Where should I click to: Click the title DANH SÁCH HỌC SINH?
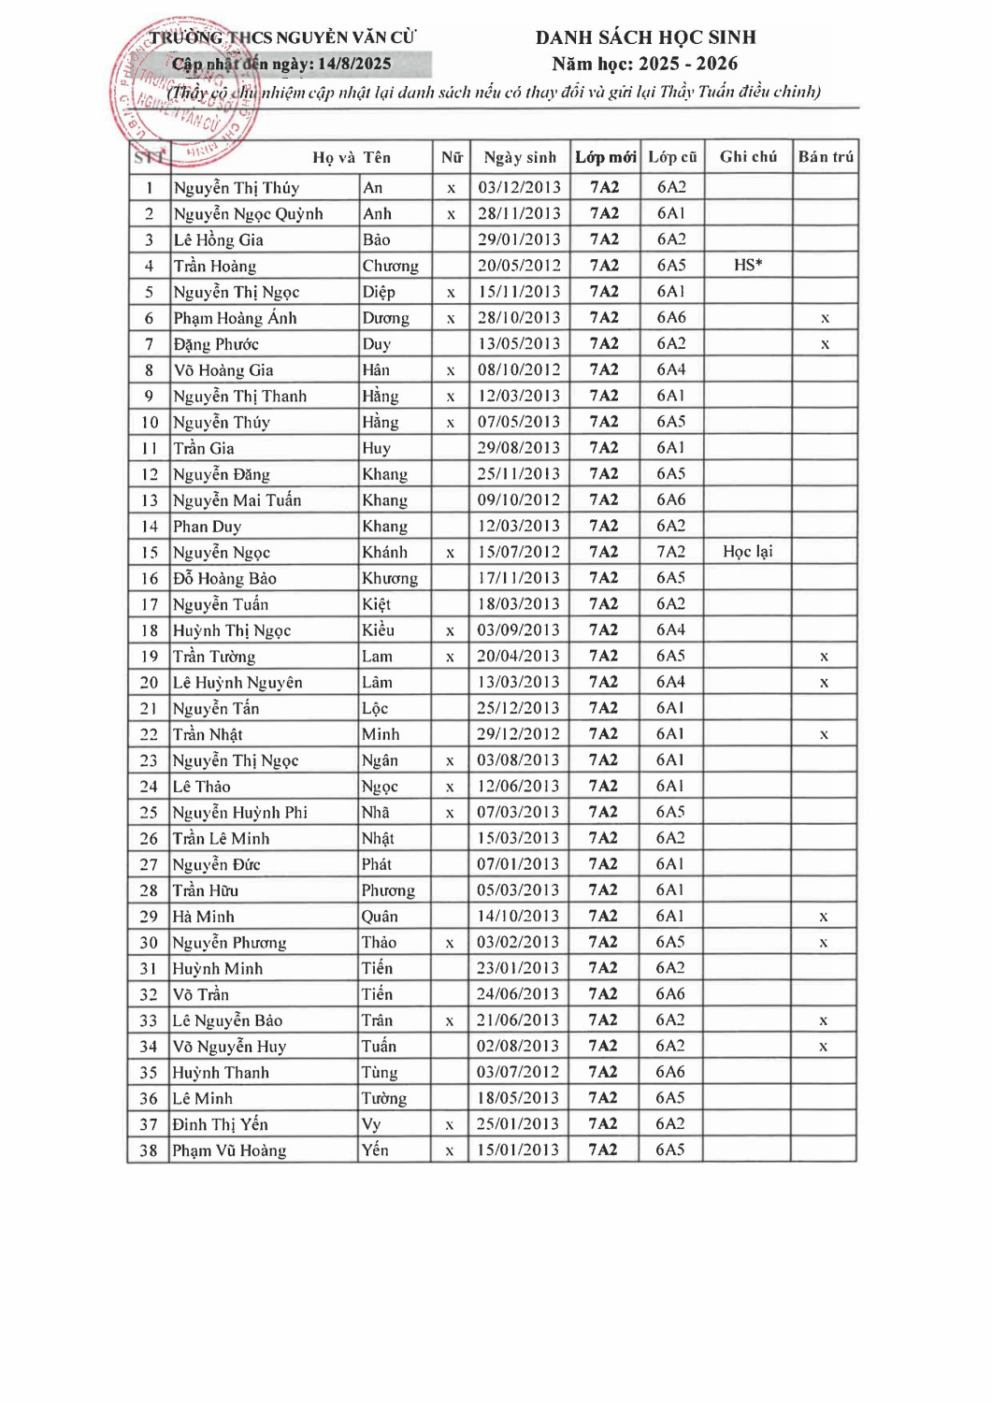pyautogui.click(x=645, y=37)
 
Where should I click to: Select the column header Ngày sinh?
pyautogui.click(x=520, y=157)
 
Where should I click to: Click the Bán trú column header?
pyautogui.click(x=826, y=157)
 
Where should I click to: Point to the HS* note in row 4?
pyautogui.click(x=748, y=266)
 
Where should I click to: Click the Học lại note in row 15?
pyautogui.click(x=748, y=552)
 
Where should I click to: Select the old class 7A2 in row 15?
pyautogui.click(x=670, y=552)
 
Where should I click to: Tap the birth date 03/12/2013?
pyautogui.click(x=519, y=187)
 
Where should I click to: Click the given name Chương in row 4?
pyautogui.click(x=390, y=266)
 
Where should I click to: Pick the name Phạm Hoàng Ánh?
pyautogui.click(x=235, y=318)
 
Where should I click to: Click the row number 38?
pyautogui.click(x=149, y=1150)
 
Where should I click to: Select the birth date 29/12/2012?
pyautogui.click(x=518, y=734)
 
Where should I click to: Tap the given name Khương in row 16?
pyautogui.click(x=389, y=578)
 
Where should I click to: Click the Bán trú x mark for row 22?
pyautogui.click(x=824, y=734)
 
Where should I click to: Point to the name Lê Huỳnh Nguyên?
pyautogui.click(x=237, y=683)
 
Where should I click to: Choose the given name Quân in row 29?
pyautogui.click(x=380, y=917)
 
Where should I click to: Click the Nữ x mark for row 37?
pyautogui.click(x=450, y=1125)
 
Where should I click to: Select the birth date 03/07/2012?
pyautogui.click(x=518, y=1072)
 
